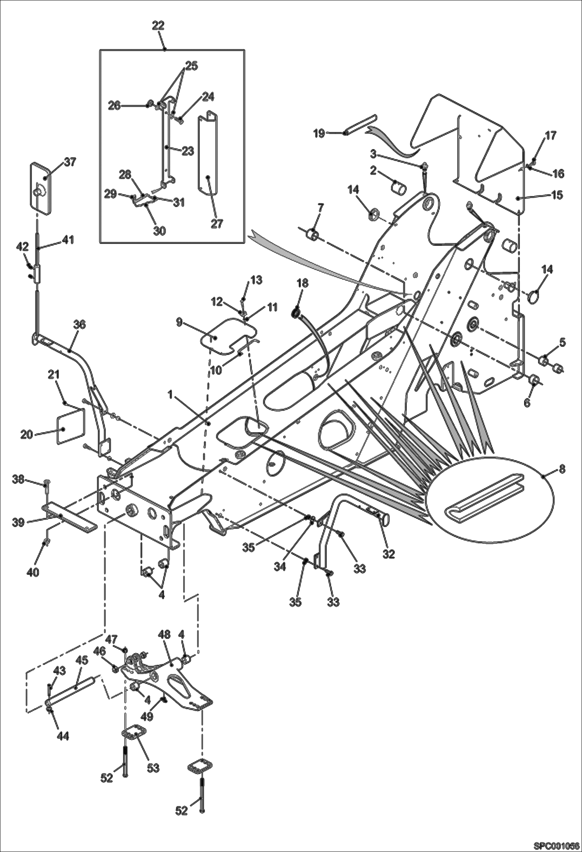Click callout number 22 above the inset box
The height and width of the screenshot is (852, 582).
[158, 26]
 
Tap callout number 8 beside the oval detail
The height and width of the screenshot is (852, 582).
[562, 469]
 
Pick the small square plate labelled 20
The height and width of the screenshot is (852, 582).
[70, 425]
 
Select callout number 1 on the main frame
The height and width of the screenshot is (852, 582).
[170, 395]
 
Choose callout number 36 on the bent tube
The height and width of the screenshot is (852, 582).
[80, 324]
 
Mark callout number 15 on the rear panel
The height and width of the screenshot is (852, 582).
[557, 195]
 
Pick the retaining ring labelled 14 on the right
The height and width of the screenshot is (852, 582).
[535, 297]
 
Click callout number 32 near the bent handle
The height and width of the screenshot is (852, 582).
[388, 554]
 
